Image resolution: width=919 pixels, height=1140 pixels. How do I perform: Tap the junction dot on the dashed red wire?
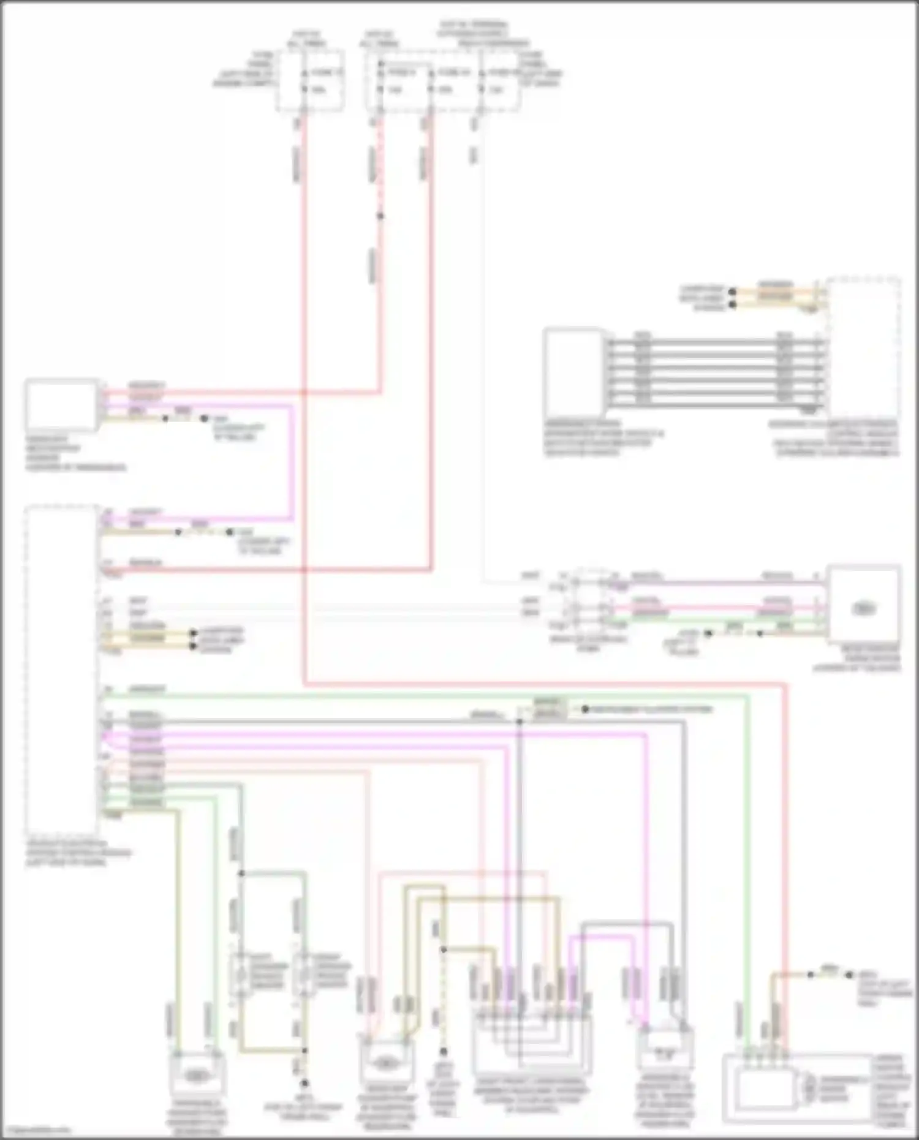coord(380,216)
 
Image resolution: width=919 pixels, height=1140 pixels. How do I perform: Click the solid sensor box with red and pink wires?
coord(61,406)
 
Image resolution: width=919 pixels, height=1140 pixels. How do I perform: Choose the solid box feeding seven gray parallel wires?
coord(575,371)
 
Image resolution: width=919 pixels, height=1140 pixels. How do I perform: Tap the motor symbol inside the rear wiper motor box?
coord(863,608)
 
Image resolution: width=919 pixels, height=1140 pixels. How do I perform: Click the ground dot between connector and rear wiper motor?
coord(708,633)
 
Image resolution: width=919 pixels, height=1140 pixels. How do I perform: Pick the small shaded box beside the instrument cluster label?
coord(550,709)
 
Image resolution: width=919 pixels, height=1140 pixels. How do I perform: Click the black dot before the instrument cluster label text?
coord(585,709)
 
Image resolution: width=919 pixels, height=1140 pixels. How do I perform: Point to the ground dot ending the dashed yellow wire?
coord(442,1051)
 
